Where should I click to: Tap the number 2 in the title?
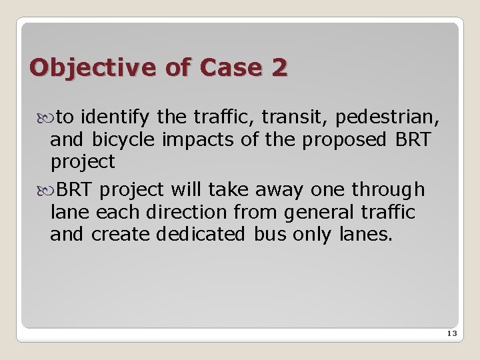pos(279,67)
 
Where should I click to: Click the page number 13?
pos(451,333)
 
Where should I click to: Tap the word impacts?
pos(182,140)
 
